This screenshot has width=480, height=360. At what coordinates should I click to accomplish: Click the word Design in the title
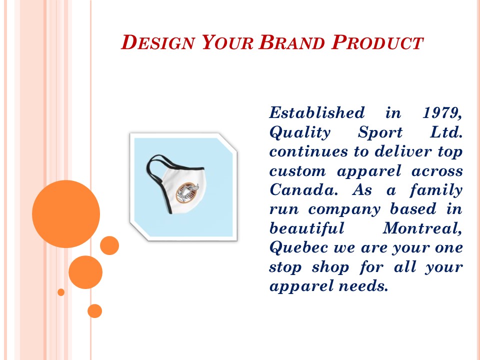point(157,43)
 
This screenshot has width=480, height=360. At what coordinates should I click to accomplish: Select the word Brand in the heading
point(292,43)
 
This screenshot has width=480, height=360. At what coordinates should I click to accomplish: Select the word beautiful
point(307,228)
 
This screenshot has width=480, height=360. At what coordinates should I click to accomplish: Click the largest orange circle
point(66,214)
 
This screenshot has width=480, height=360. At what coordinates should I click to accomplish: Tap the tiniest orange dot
point(61,292)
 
